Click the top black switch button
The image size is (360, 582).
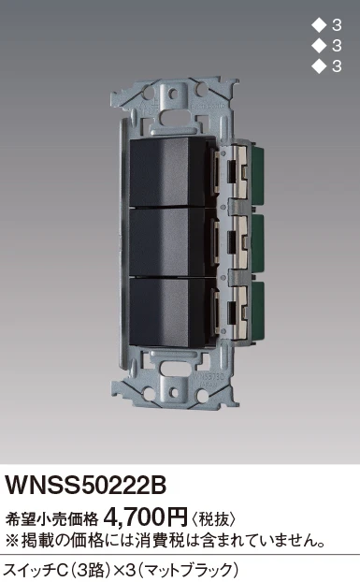click(167, 172)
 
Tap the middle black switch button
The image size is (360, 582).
click(167, 241)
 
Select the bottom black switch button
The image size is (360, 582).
click(167, 313)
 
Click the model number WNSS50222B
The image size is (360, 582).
click(85, 485)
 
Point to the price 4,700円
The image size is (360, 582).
click(147, 516)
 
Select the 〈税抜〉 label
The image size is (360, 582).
click(213, 518)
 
